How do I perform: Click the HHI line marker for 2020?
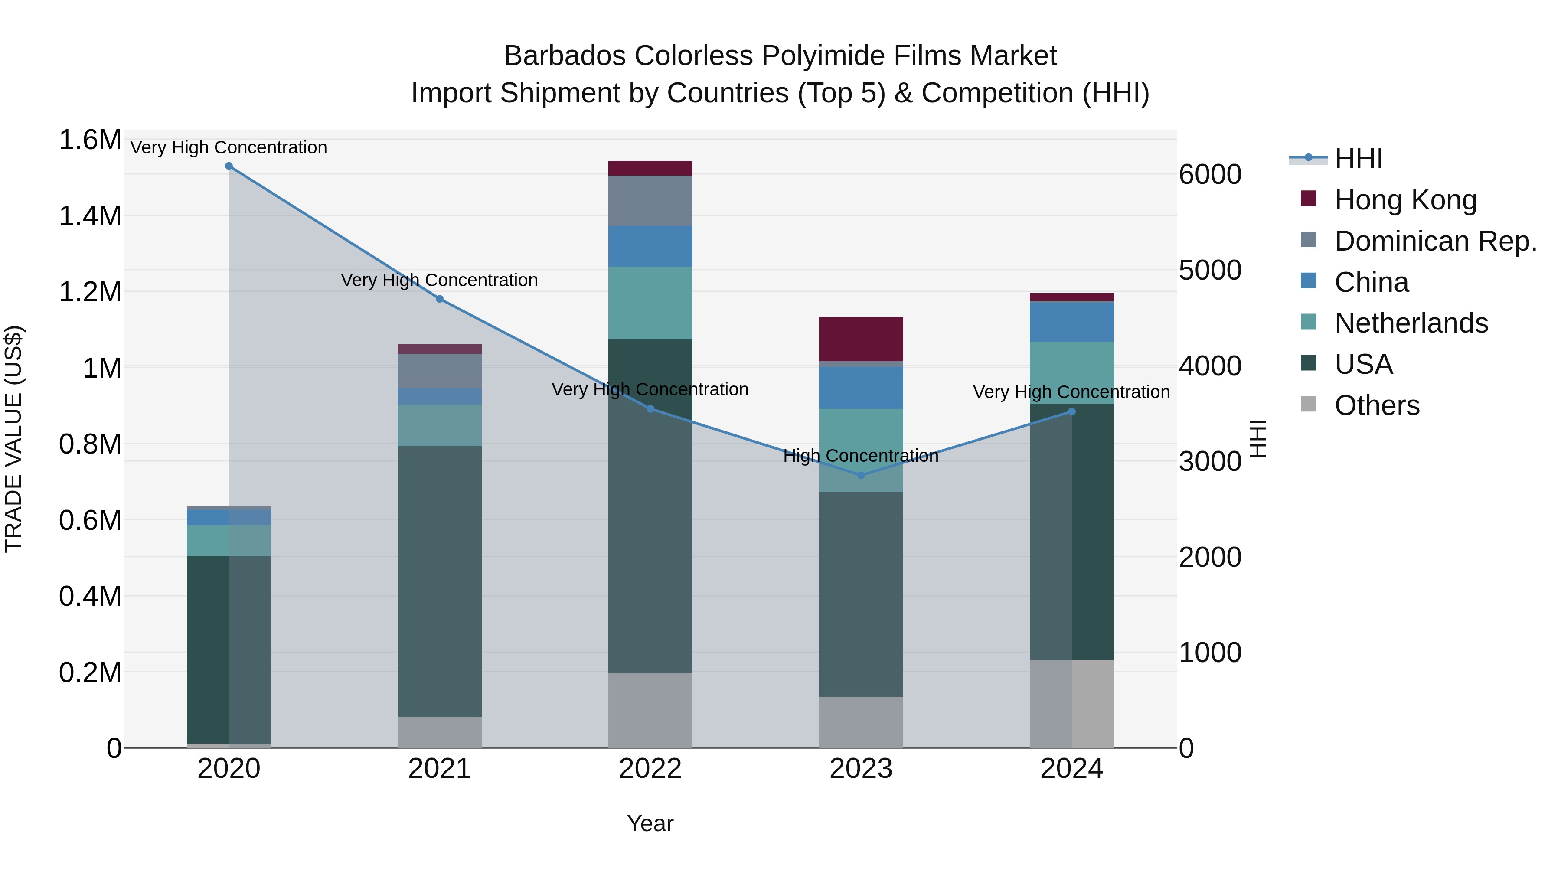pos(229,166)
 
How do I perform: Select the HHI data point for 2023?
pos(861,475)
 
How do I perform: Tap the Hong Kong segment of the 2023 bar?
pos(861,339)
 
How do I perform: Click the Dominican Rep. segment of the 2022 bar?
pos(650,201)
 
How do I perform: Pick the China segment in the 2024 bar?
pos(1071,322)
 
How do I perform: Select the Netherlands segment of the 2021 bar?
pos(439,425)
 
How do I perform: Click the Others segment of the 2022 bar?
pos(650,710)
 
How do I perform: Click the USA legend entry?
pos(1363,364)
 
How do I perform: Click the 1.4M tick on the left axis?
pos(90,216)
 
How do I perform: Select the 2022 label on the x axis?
pos(650,769)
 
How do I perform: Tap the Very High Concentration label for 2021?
pos(439,280)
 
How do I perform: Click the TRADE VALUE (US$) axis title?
pos(14,439)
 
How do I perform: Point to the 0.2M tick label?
pos(90,672)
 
